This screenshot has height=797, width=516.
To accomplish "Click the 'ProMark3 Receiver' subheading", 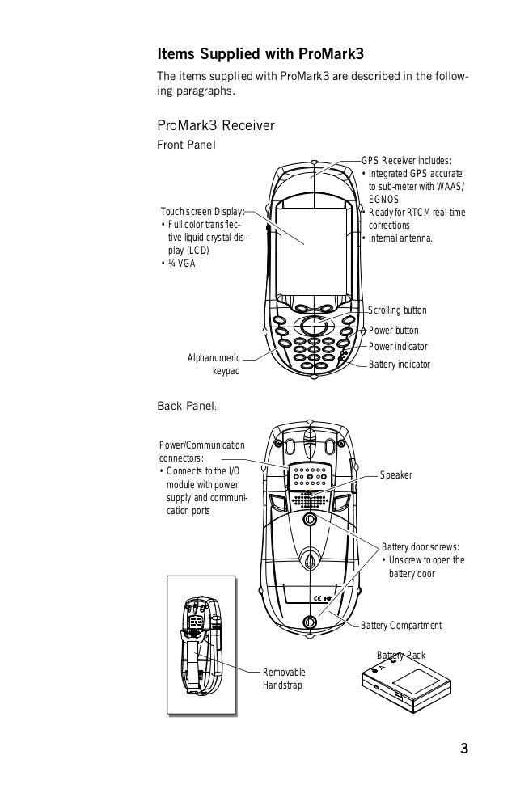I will coord(217,125).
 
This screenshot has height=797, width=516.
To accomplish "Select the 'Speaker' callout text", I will coord(396,475).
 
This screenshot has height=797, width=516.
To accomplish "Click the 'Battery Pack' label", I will coord(401,655).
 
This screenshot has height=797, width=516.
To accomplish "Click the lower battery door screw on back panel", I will coord(310,622).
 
